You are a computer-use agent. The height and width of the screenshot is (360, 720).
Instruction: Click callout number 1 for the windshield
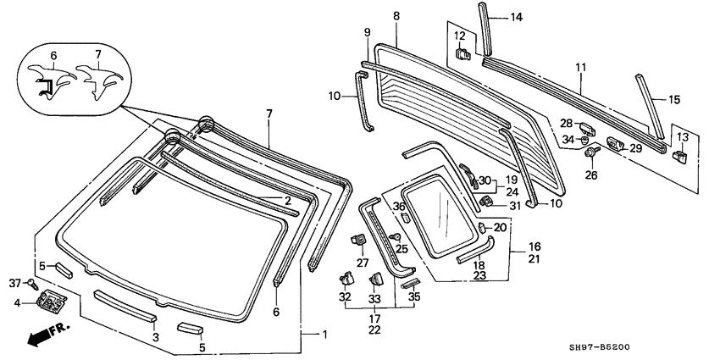tap(324, 333)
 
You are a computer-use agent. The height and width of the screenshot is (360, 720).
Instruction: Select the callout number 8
tap(396, 16)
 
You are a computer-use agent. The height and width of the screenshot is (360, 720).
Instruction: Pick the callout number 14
tap(517, 17)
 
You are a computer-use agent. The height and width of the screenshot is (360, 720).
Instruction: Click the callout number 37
tap(14, 282)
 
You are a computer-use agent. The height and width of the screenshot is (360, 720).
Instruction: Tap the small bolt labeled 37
tap(32, 282)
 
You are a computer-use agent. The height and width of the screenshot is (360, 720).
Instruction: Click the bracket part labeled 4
tap(53, 300)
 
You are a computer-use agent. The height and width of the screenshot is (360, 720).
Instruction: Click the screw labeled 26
tap(591, 155)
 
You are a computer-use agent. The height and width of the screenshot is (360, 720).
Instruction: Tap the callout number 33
tap(374, 297)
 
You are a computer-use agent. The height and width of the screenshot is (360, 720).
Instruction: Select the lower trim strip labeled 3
tap(125, 305)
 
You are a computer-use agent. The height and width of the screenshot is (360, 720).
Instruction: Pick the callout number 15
tap(674, 99)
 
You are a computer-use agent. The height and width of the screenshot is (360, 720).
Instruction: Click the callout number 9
tap(368, 32)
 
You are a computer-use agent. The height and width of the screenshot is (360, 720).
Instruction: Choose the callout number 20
tap(500, 228)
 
